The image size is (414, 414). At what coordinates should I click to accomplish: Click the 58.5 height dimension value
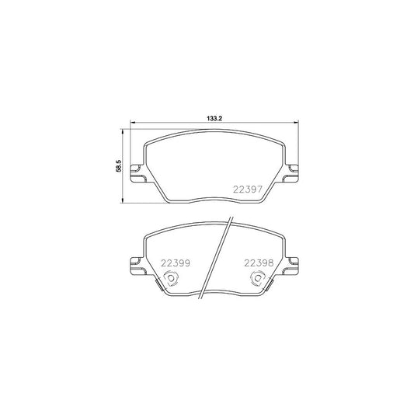pyautogui.click(x=117, y=166)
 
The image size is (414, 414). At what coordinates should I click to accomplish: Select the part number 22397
pyautogui.click(x=249, y=187)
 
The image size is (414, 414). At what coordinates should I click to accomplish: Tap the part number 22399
pyautogui.click(x=176, y=263)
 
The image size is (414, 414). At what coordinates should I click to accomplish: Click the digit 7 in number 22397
pyautogui.click(x=263, y=187)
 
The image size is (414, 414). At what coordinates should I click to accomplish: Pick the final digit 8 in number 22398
pyautogui.click(x=270, y=263)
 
